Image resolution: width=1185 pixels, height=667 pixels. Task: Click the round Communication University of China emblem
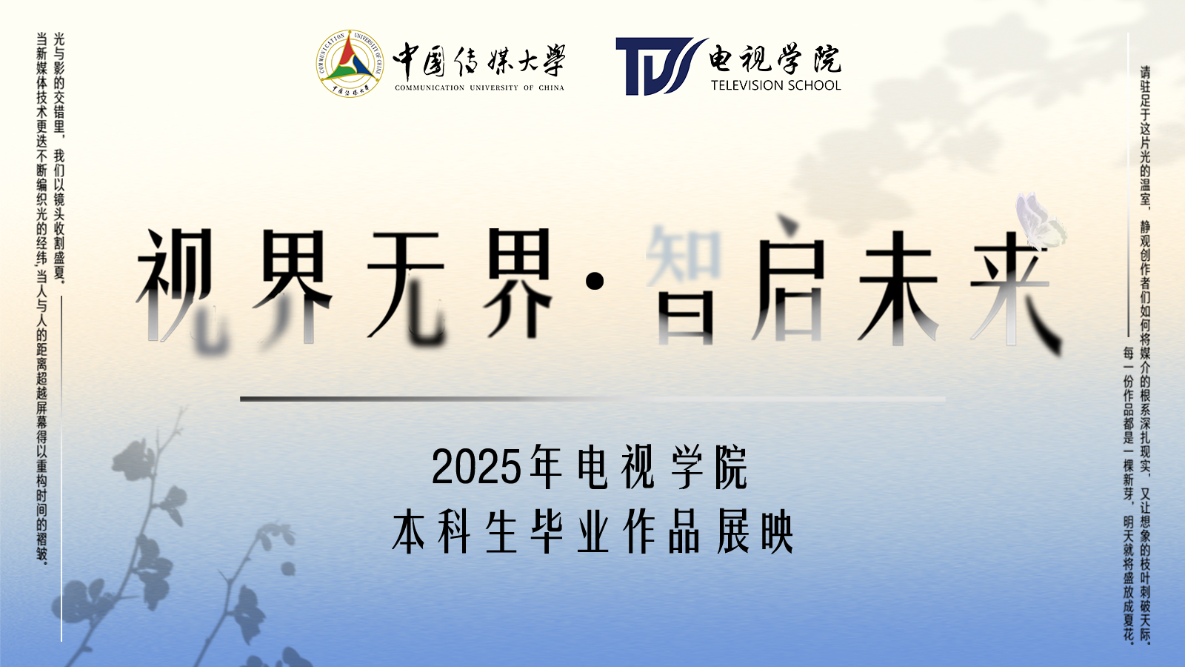point(350,64)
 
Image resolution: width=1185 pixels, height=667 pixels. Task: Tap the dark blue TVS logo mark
point(661,66)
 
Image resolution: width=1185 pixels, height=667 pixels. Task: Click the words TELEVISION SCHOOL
point(775,85)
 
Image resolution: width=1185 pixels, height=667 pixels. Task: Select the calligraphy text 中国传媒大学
point(479,61)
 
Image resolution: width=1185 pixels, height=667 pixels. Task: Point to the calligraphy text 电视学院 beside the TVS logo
point(775,59)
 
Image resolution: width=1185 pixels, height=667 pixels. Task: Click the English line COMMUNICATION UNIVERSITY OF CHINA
point(479,88)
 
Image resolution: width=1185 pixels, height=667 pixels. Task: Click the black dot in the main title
point(595,281)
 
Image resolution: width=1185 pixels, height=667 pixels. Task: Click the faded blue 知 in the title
point(684,255)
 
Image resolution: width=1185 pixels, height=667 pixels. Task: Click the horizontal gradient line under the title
point(592,399)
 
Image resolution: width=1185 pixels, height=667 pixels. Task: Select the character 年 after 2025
point(546,467)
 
